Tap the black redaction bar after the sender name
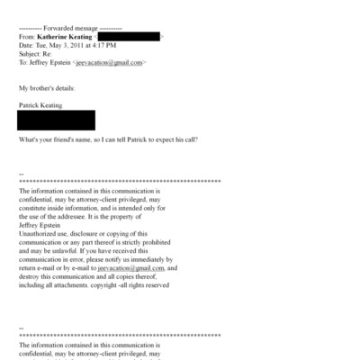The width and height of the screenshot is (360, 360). coord(135,37)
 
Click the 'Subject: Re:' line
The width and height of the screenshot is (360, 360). coord(39,55)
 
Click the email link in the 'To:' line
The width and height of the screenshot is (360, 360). coord(109,64)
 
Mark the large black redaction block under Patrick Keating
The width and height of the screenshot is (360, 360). coord(56,120)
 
